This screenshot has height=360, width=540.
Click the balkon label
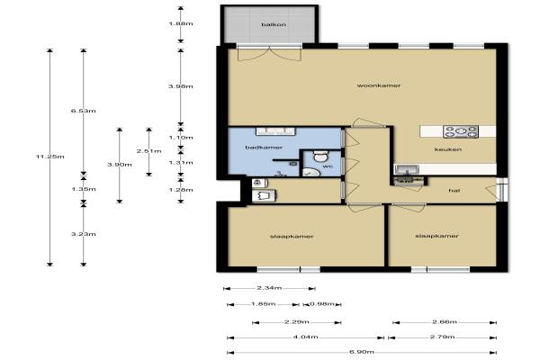[x=274, y=25]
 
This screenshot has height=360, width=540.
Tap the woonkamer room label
[x=379, y=85]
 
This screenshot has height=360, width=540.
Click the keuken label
[x=447, y=149]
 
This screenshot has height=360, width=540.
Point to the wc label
[x=328, y=166]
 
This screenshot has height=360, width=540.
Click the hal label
[x=454, y=191]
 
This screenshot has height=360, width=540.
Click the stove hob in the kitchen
[x=461, y=131]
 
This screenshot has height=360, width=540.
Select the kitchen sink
[x=408, y=169]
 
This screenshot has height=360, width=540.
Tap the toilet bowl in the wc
[x=320, y=156]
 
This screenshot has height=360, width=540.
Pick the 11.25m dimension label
[x=49, y=157]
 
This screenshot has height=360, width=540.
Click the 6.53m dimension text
[x=84, y=111]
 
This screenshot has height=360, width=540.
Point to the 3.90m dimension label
[x=120, y=165]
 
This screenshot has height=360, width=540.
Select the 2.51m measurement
[x=148, y=151]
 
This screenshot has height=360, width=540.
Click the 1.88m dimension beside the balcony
[x=181, y=23]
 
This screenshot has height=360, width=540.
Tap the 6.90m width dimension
[x=362, y=352]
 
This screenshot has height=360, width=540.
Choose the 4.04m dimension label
[x=305, y=337]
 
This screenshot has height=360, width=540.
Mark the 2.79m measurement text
[x=442, y=337]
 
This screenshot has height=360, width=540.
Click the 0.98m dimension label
[x=322, y=304]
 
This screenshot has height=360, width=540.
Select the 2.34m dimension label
[x=269, y=288]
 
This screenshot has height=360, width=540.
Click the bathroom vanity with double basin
[x=275, y=131]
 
